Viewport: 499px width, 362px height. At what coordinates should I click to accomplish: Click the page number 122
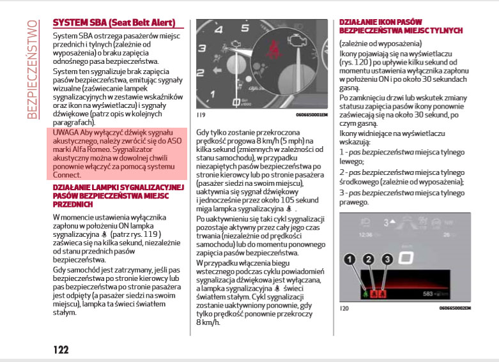click(61, 349)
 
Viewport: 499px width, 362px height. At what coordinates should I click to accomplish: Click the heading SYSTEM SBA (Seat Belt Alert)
click(114, 23)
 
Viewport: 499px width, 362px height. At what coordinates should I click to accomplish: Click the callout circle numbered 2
click(368, 260)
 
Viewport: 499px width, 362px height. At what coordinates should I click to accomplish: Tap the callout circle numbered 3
click(387, 260)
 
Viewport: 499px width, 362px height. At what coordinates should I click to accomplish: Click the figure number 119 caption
click(201, 115)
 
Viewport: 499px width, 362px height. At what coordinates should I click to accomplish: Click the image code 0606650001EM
click(312, 115)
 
